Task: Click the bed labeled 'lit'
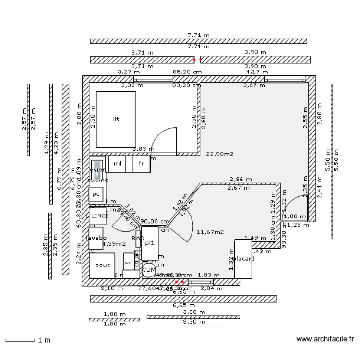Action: (116, 119)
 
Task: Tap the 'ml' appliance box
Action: (117, 164)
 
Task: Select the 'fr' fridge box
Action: (141, 164)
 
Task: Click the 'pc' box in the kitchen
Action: (96, 194)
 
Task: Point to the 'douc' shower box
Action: (102, 265)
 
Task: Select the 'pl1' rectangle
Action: (149, 243)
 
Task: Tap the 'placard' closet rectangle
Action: (243, 259)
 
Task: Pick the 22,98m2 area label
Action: (219, 154)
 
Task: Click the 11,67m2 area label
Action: (210, 232)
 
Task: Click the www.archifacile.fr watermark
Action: (325, 339)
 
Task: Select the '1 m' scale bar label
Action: (44, 341)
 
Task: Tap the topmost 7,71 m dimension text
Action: (199, 35)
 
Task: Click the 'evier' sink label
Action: (97, 170)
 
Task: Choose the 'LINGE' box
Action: (98, 216)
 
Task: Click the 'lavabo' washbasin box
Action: (96, 238)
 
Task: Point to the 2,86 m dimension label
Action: (240, 180)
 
